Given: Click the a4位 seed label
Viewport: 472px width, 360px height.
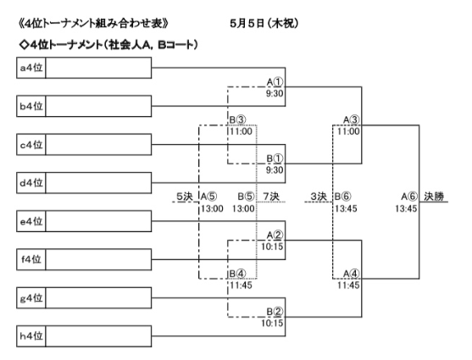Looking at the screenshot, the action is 31,68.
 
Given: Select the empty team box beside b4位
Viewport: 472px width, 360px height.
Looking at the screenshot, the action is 98,106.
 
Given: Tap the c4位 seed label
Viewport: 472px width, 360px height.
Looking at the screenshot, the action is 31,145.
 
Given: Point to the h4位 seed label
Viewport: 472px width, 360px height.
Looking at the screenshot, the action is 31,336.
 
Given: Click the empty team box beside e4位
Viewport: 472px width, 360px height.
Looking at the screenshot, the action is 98,221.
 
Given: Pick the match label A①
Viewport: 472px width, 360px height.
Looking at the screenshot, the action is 275,81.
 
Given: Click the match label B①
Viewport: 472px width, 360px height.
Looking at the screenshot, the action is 275,158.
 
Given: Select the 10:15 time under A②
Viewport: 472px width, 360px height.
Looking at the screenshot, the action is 272,246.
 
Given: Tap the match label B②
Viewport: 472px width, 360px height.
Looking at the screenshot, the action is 275,312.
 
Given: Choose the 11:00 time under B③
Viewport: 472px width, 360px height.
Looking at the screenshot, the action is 242,131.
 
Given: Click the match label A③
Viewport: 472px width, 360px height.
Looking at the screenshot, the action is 352,119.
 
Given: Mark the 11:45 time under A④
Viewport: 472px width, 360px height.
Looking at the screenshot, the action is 348,285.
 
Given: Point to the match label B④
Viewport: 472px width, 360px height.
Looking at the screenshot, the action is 237,274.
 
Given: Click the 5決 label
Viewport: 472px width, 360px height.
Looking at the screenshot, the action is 184,197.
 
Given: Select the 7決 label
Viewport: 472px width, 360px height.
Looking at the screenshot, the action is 271,197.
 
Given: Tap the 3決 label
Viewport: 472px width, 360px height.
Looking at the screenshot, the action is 319,197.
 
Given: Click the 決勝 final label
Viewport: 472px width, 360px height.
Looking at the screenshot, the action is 434,197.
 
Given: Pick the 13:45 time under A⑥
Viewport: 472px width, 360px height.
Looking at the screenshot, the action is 406,208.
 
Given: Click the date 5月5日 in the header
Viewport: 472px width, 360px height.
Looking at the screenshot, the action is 247,23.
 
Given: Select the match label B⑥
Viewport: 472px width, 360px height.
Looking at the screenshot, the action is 343,197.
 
